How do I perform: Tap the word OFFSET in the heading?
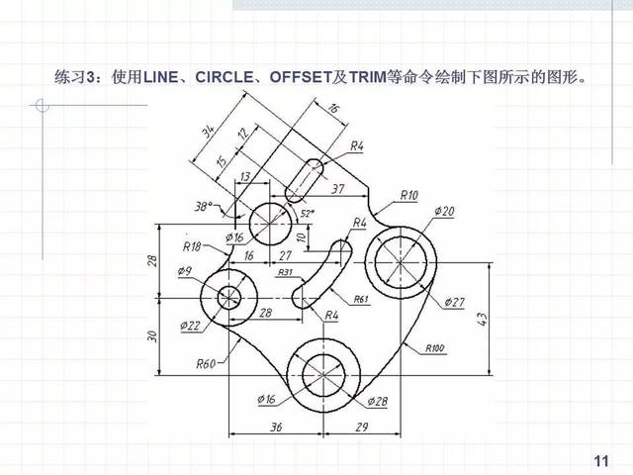(301, 75)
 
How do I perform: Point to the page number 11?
(599, 461)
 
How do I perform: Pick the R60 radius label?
(205, 363)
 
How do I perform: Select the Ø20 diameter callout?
(444, 211)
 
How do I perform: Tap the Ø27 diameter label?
(455, 300)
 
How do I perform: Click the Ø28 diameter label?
(377, 401)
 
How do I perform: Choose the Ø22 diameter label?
(190, 325)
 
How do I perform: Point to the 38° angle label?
(205, 207)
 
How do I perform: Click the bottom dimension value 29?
(362, 428)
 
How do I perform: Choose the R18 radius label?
(192, 246)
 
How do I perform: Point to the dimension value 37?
(337, 188)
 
